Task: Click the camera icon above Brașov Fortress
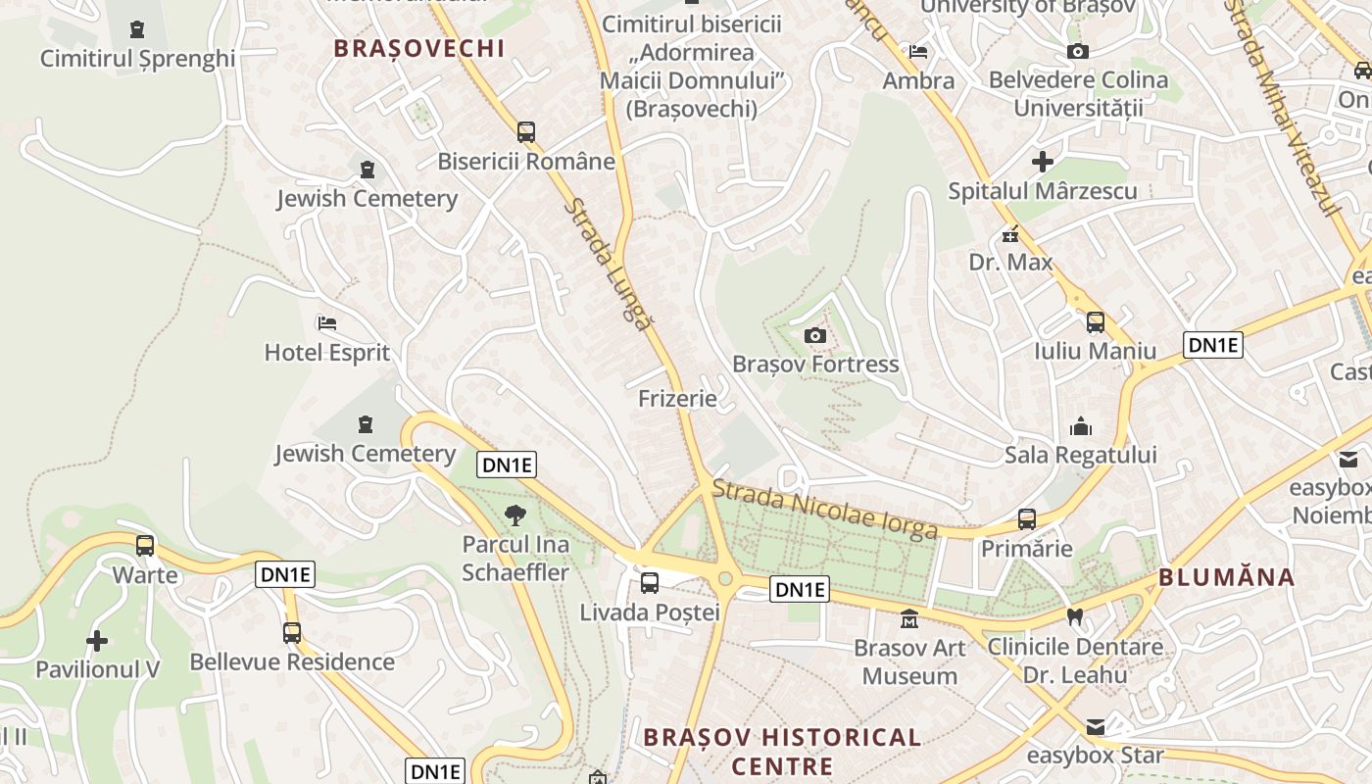814,336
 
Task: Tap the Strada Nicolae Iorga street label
825,509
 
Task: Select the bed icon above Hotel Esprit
327,322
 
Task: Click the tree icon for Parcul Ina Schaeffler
514,515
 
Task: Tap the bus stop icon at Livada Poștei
649,583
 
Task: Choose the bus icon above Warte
145,546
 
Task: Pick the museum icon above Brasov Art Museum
909,619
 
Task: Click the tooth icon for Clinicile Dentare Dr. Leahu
1075,617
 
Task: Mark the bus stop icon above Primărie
1027,519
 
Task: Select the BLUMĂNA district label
1227,577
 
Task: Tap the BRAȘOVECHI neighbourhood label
419,48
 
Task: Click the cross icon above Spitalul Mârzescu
1043,162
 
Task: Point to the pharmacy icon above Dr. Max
1010,234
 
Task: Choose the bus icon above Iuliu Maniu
1095,321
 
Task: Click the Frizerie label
677,398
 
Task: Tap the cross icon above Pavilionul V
97,641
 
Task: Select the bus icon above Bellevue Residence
292,633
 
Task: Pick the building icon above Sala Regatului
1081,426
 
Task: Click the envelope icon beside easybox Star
1095,727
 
